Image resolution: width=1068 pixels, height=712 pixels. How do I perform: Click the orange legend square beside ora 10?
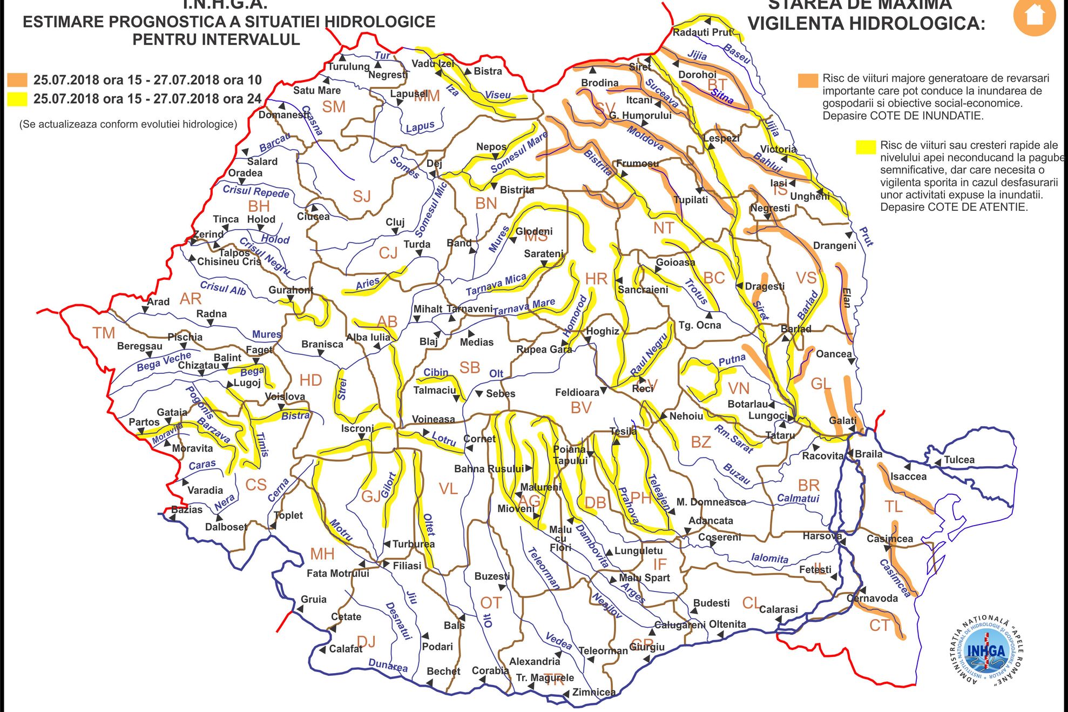tap(17, 80)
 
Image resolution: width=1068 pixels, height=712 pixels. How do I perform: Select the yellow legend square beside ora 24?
tap(17, 99)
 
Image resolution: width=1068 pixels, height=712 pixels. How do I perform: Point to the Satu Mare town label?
tap(317, 90)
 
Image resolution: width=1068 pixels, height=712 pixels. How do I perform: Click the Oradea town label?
tap(245, 173)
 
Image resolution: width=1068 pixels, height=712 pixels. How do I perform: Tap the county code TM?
tap(104, 333)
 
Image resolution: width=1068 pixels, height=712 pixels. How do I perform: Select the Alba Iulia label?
tap(368, 337)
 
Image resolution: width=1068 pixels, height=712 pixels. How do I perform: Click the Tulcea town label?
tap(959, 460)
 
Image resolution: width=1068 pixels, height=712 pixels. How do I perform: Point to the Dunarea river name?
tap(388, 665)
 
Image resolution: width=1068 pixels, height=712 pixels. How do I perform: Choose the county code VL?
tap(448, 489)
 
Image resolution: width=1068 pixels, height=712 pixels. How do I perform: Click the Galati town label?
tap(842, 420)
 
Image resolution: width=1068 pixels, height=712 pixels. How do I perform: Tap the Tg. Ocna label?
tap(700, 325)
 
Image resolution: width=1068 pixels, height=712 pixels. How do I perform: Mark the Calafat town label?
tap(346, 649)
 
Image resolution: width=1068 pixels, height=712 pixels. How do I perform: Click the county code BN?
tap(486, 204)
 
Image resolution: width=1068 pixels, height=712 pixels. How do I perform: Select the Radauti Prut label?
tap(702, 32)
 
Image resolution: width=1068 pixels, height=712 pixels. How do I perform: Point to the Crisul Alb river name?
tap(222, 288)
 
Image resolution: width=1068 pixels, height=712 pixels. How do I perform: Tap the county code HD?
tap(310, 380)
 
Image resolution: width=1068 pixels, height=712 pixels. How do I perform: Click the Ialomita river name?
tap(769, 557)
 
